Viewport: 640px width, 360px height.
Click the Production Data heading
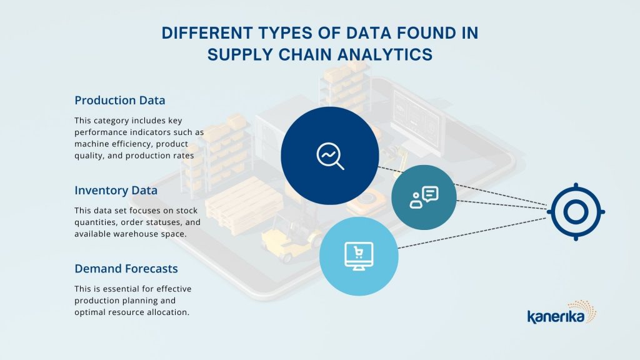pos(119,101)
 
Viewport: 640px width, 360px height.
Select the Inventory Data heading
pos(116,191)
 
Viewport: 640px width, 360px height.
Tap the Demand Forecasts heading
pos(126,269)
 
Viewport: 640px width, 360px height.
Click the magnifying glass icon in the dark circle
pos(330,156)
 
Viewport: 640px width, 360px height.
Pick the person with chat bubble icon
pos(424,197)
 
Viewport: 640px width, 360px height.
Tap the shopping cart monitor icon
pos(359,256)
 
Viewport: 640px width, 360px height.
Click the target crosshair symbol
pos(576,212)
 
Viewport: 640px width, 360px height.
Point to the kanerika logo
pos(562,312)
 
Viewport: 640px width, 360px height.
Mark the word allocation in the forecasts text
pos(168,312)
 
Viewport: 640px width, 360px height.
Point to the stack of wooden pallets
pos(244,206)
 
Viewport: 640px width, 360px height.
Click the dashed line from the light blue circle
pos(472,233)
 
